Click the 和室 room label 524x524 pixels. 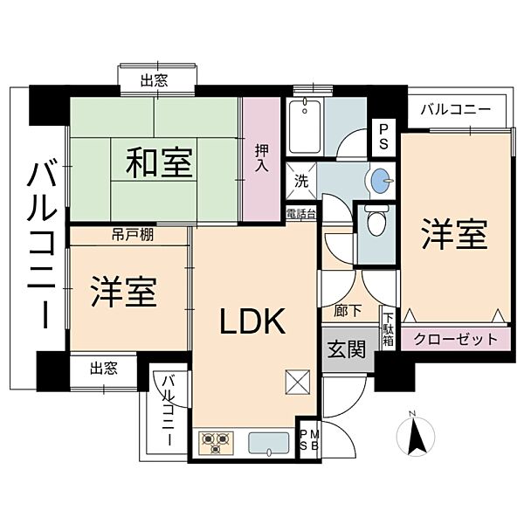click(x=159, y=162)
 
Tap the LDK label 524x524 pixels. click(x=252, y=321)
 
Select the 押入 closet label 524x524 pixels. click(x=261, y=158)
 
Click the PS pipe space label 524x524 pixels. click(x=383, y=137)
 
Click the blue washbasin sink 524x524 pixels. click(x=381, y=181)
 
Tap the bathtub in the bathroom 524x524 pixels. click(x=305, y=127)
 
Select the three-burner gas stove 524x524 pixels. click(x=216, y=443)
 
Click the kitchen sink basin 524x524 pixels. click(x=269, y=443)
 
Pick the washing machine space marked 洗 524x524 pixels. click(x=301, y=181)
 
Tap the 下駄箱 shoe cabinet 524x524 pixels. click(x=389, y=328)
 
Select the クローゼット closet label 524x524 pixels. click(x=456, y=339)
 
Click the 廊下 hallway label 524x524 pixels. click(x=348, y=312)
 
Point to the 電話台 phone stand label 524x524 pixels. click(x=301, y=214)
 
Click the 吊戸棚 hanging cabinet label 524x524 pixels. click(x=133, y=235)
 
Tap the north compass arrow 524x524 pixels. click(x=416, y=436)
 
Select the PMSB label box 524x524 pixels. click(x=310, y=440)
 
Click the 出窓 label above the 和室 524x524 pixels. click(x=154, y=80)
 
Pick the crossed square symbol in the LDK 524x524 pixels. click(x=298, y=383)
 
